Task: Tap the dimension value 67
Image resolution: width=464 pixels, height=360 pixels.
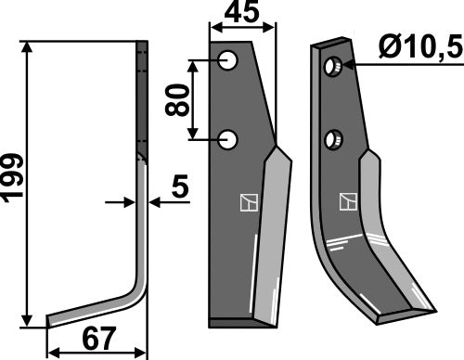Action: (x=97, y=340)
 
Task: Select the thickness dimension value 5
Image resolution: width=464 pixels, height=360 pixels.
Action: (x=179, y=188)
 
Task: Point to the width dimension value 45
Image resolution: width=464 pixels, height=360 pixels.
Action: (x=243, y=15)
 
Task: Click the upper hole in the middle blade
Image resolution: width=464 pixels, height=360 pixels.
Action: (x=228, y=62)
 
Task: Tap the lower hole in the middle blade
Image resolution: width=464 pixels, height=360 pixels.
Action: (x=228, y=141)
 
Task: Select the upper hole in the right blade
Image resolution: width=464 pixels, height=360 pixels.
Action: (x=331, y=67)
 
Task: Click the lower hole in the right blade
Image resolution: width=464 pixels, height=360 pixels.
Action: (x=331, y=140)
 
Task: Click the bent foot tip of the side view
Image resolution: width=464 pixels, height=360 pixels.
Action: (x=51, y=320)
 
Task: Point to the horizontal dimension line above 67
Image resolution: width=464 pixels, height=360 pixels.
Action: (x=97, y=353)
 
